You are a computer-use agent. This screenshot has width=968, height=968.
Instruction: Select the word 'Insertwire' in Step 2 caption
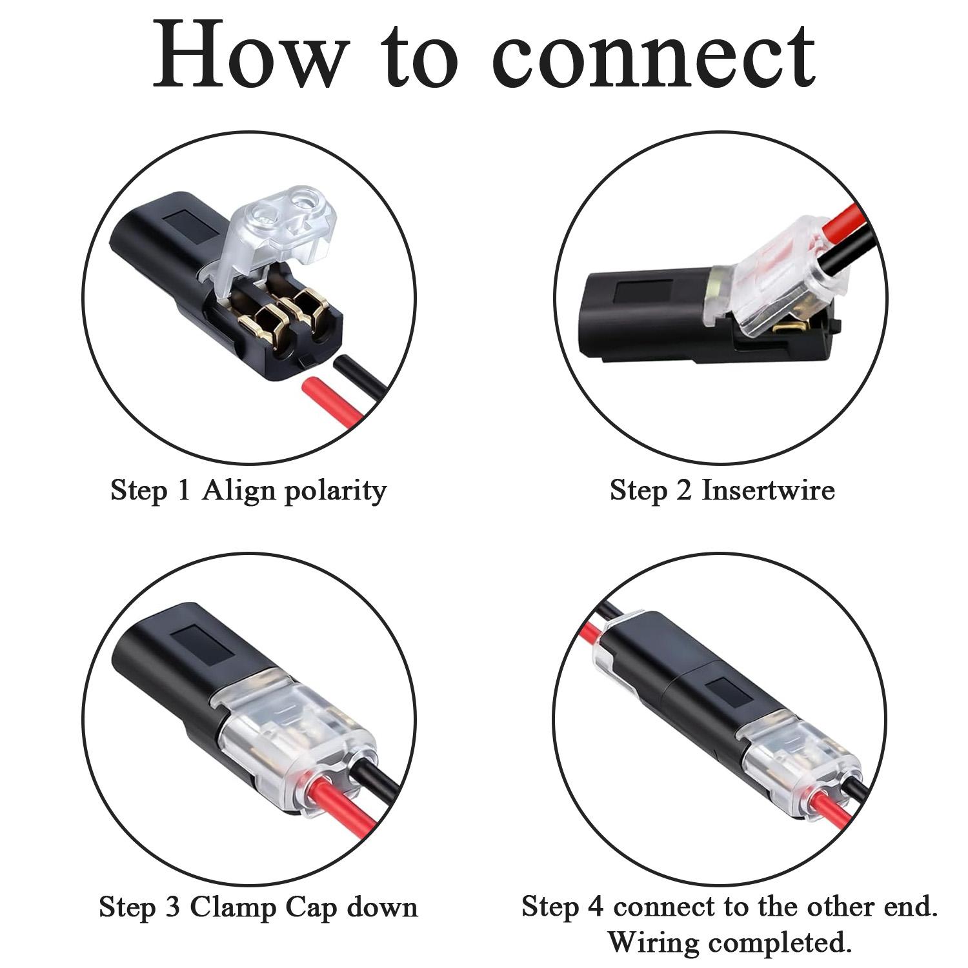pyautogui.click(x=768, y=490)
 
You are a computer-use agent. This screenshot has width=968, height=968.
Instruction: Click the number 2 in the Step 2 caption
pyautogui.click(x=683, y=490)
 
